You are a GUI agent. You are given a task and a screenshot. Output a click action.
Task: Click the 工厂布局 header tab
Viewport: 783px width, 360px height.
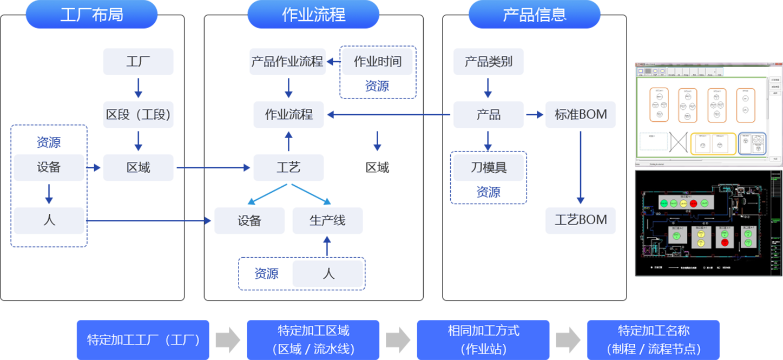click(x=91, y=15)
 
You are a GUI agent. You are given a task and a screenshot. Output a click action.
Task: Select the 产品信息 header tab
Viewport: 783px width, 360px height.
click(x=534, y=15)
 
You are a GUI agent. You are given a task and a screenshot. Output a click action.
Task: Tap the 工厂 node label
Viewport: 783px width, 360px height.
click(x=138, y=62)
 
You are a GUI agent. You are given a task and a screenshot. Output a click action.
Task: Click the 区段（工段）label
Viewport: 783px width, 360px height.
click(x=138, y=115)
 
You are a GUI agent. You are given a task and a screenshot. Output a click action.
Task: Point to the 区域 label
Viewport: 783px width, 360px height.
click(x=138, y=168)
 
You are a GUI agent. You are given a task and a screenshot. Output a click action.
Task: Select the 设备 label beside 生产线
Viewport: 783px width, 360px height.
click(x=249, y=221)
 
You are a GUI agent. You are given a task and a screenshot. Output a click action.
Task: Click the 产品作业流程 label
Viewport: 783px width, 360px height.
click(x=287, y=62)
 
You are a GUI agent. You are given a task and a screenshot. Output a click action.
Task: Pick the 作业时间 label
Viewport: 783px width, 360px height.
click(x=378, y=62)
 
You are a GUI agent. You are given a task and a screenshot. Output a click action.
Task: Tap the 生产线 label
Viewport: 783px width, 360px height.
click(x=327, y=221)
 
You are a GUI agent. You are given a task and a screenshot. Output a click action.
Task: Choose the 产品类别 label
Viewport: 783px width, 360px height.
click(x=488, y=62)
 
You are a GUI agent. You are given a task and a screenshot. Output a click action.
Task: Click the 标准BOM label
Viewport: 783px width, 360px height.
click(x=581, y=115)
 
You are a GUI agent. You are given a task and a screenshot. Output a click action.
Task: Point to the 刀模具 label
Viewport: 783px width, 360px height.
click(x=488, y=168)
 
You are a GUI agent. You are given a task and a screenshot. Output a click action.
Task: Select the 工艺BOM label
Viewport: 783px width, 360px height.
click(x=581, y=220)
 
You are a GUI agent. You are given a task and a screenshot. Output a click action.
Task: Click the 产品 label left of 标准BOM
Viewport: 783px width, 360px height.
click(x=488, y=115)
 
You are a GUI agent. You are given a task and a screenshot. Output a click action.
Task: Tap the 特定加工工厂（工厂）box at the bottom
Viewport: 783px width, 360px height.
click(x=143, y=340)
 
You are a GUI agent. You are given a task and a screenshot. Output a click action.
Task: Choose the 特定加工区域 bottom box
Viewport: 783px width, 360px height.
click(x=313, y=339)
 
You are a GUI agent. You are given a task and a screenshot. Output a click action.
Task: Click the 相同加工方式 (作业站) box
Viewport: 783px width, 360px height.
click(x=483, y=339)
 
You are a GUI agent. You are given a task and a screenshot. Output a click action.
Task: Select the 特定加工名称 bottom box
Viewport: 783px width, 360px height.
click(x=654, y=339)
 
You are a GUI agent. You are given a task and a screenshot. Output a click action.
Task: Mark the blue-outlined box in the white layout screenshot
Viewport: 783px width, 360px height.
click(x=752, y=143)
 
